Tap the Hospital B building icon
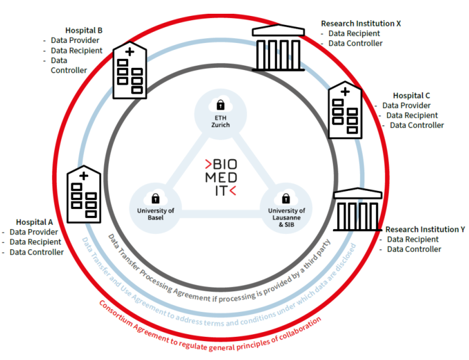[129, 71]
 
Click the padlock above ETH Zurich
[221, 105]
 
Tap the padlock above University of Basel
[156, 199]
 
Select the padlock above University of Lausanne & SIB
[286, 199]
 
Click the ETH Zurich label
[221, 121]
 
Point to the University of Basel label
[156, 214]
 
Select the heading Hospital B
[84, 31]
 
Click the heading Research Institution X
[361, 24]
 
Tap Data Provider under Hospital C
[406, 105]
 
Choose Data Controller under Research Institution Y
[414, 249]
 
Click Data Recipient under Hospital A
[35, 242]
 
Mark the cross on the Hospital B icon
[129, 52]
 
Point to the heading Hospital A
[34, 222]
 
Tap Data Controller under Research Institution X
[356, 43]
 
